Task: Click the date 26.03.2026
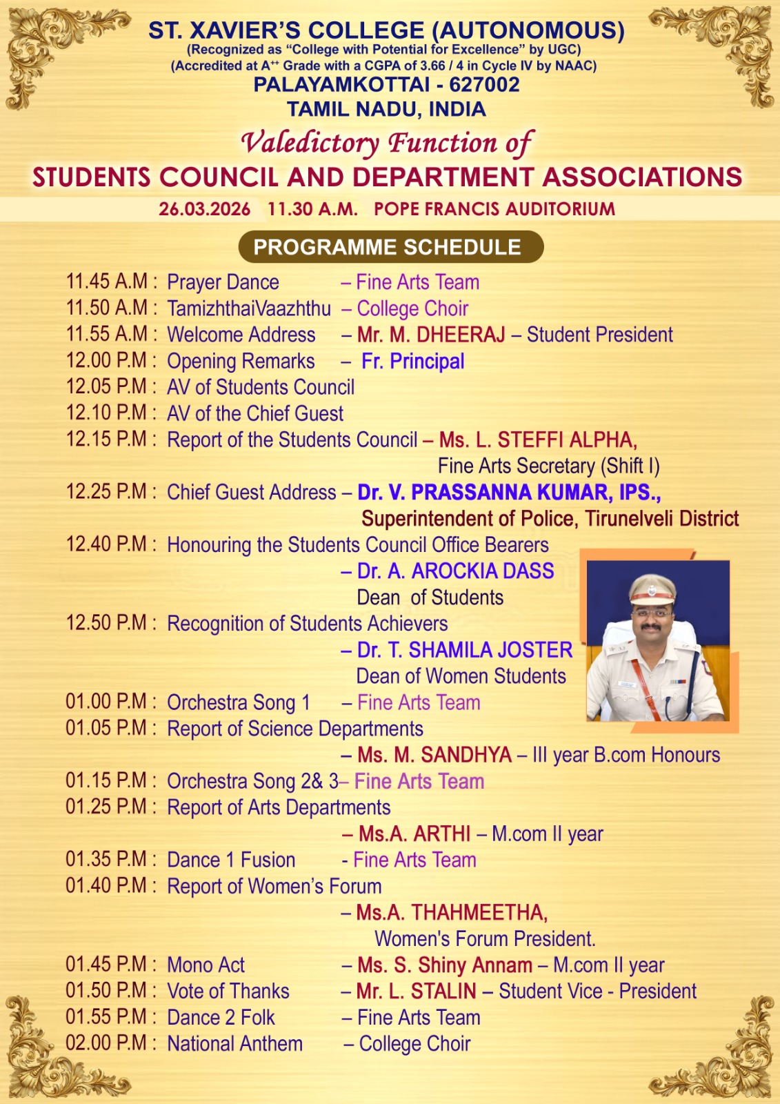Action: (204, 209)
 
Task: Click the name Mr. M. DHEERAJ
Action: (431, 335)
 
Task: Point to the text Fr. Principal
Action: (412, 361)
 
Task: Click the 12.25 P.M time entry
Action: (107, 492)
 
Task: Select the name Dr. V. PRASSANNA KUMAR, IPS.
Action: (508, 492)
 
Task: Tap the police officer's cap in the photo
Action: (652, 589)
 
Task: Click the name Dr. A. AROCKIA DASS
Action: (455, 571)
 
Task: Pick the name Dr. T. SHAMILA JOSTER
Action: (464, 650)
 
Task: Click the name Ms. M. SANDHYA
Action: (434, 755)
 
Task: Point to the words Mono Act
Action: (206, 965)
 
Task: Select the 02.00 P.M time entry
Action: (107, 1043)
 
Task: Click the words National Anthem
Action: (234, 1043)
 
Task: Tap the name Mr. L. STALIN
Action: (416, 991)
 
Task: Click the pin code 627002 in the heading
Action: (484, 85)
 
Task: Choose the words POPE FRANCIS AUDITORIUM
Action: (494, 209)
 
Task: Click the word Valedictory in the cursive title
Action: (310, 143)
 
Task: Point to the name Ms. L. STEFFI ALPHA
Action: (537, 440)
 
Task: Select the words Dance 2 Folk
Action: (221, 1017)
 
